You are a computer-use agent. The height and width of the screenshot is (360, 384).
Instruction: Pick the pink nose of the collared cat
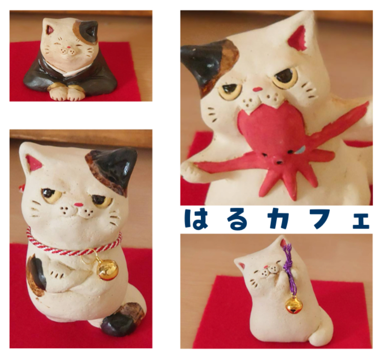tap(78, 204)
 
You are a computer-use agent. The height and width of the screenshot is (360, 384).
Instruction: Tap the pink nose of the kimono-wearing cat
tap(69, 47)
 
